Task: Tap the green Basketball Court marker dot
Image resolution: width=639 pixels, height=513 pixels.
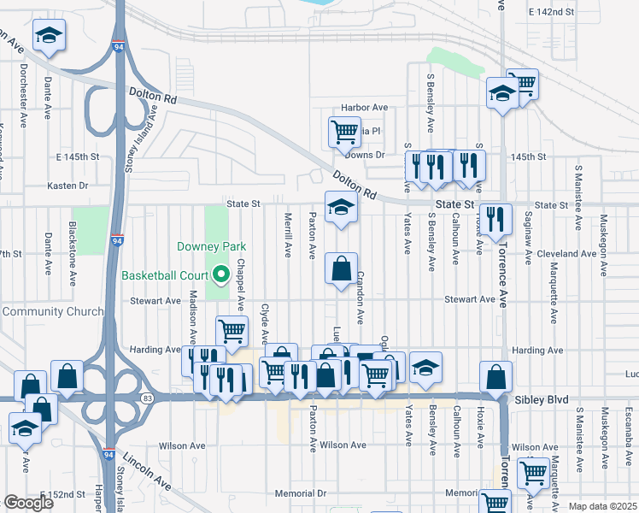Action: point(220,275)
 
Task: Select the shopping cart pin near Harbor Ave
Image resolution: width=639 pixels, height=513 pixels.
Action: point(344,132)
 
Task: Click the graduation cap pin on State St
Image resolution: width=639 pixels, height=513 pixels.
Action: point(341,207)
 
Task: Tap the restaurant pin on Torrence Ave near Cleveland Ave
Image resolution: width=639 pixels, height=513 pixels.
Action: point(495,220)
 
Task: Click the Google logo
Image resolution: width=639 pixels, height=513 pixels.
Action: point(27,503)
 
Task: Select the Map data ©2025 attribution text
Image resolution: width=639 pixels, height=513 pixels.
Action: point(603,506)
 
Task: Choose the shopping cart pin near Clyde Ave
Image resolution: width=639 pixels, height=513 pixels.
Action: point(232,332)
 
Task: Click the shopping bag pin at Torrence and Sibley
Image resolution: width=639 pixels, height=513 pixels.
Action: point(495,377)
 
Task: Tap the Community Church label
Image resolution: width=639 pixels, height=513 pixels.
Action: point(53,311)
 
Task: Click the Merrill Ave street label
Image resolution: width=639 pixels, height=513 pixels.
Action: point(288,235)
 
